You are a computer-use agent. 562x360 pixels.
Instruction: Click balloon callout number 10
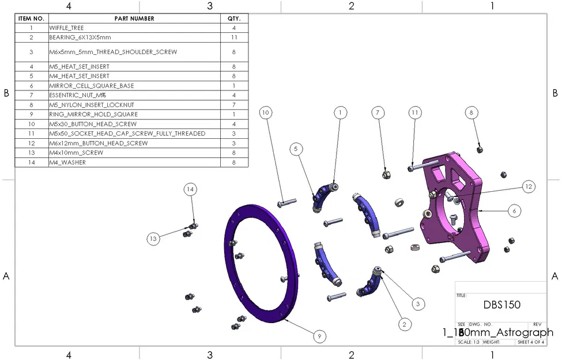tap(265, 113)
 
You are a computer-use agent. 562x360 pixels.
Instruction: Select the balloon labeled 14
tap(190, 188)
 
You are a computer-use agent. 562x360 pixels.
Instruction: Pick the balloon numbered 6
tap(514, 211)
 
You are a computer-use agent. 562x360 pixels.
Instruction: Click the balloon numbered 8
tap(472, 113)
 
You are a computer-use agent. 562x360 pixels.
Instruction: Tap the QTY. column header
tap(234, 18)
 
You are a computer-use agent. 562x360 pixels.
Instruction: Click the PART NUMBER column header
tap(134, 18)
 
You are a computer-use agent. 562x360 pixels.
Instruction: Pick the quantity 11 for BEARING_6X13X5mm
tap(234, 37)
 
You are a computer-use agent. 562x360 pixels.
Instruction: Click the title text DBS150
tap(501, 305)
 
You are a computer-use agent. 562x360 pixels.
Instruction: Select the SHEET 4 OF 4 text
tap(530, 342)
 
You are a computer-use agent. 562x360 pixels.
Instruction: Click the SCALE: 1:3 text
tap(468, 342)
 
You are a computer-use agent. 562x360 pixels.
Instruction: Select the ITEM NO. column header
tap(31, 18)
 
